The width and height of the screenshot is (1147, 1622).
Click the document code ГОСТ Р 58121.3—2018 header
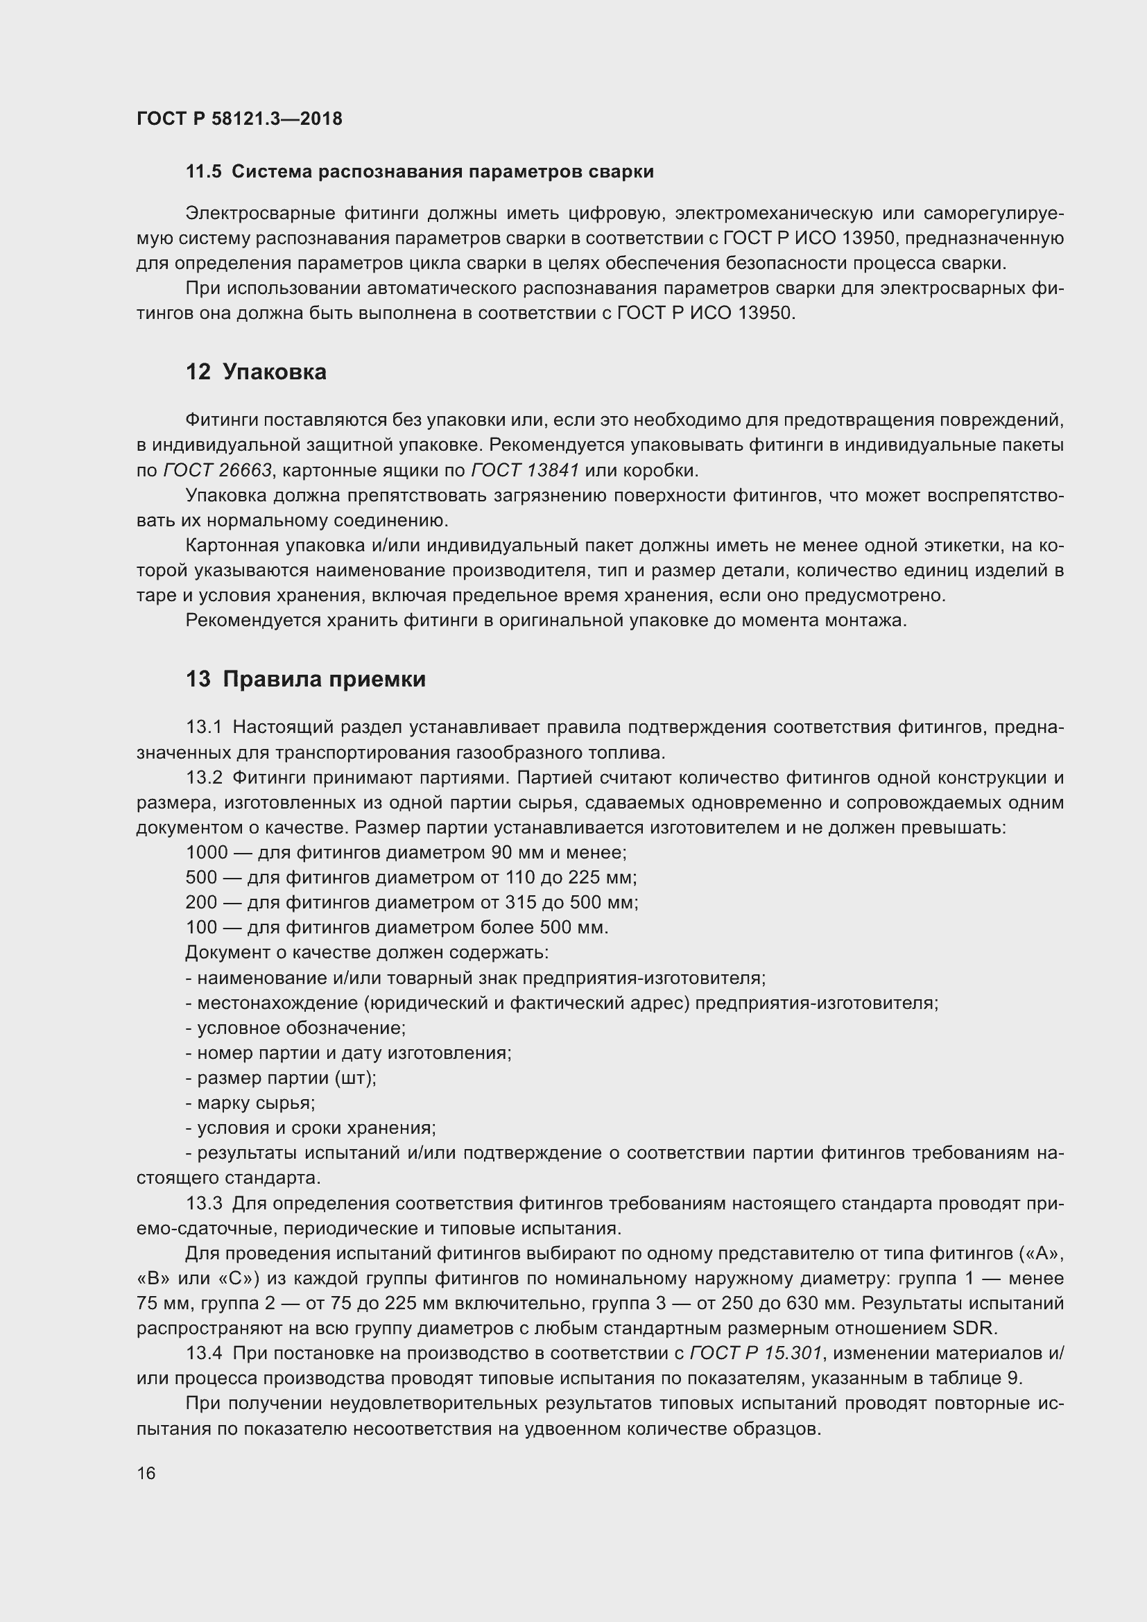coord(239,119)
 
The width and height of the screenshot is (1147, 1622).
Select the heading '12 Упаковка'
coord(256,372)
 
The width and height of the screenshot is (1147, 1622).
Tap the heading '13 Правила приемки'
coord(305,679)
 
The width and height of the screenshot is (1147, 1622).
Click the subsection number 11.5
coord(203,172)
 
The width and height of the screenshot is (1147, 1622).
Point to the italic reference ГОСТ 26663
coord(217,470)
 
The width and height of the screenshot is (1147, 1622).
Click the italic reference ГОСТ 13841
coord(525,470)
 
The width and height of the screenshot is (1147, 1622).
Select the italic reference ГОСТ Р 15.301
coord(756,1353)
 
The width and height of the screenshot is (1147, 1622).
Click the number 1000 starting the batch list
coord(207,853)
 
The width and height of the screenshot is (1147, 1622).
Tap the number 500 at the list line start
coord(201,877)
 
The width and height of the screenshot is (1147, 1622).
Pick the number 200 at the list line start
coord(201,902)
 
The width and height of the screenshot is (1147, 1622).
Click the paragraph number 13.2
coord(204,778)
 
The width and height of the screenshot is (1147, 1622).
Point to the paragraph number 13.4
coord(204,1353)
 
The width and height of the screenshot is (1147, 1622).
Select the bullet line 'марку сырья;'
coord(255,1103)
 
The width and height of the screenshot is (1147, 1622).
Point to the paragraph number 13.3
coord(204,1203)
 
